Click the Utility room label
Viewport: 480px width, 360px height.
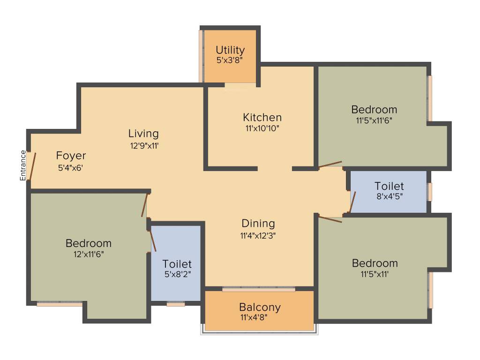230,50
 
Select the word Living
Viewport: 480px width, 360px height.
143,134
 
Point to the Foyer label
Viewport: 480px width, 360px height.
71,156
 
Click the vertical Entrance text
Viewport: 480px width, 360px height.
22,165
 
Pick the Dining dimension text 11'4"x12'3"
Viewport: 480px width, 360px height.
258,236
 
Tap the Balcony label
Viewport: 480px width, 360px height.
260,307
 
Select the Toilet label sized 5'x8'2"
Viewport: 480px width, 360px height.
177,264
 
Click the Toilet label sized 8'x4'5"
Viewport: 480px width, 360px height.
389,186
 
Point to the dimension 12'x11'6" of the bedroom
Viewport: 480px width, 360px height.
88,254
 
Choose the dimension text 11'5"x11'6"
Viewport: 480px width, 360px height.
374,120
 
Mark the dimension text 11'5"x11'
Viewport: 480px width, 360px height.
375,274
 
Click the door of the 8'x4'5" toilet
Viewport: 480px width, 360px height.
352,202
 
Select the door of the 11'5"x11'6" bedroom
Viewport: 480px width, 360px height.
330,165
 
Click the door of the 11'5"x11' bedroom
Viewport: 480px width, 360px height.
330,218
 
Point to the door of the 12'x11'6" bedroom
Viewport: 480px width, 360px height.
145,205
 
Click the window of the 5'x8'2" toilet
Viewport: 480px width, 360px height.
176,304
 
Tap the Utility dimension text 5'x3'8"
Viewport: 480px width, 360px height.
230,60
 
